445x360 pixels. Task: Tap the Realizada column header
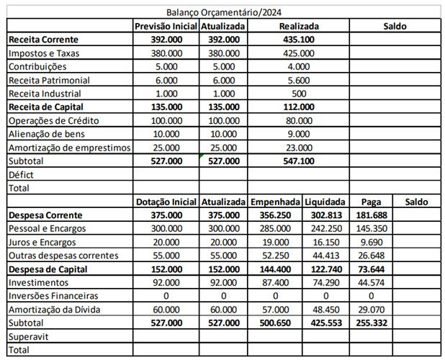pyautogui.click(x=299, y=26)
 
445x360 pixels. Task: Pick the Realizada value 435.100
pyautogui.click(x=299, y=39)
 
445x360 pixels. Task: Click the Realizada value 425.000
pyautogui.click(x=299, y=53)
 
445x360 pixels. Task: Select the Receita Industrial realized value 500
pyautogui.click(x=299, y=94)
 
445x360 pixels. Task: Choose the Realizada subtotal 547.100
pyautogui.click(x=299, y=161)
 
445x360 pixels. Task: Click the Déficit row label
pyautogui.click(x=22, y=174)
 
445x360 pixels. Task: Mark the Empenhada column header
pyautogui.click(x=274, y=202)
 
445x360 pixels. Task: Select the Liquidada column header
pyautogui.click(x=325, y=202)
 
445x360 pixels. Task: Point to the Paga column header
pyautogui.click(x=372, y=202)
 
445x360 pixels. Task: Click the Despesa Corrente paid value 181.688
pyautogui.click(x=372, y=215)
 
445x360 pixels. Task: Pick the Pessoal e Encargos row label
pyautogui.click(x=48, y=228)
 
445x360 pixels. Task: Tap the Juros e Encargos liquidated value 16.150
pyautogui.click(x=325, y=242)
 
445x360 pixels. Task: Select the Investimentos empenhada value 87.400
pyautogui.click(x=274, y=282)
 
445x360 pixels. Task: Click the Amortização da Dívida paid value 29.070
pyautogui.click(x=372, y=310)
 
